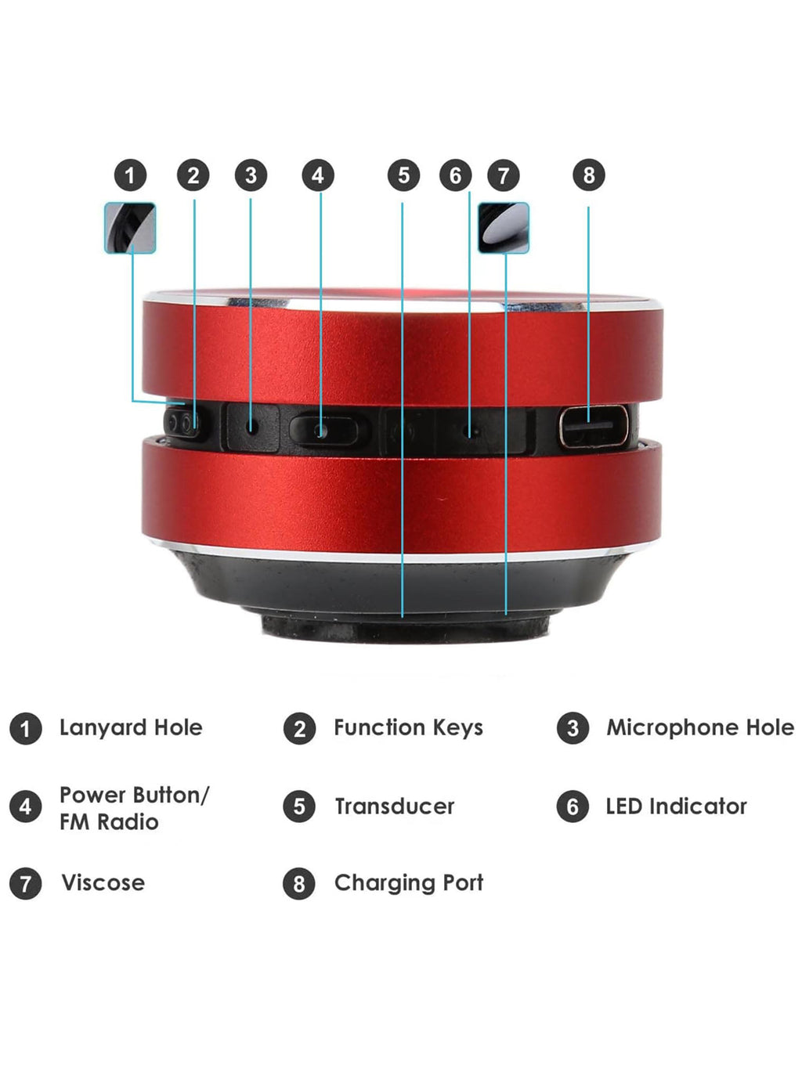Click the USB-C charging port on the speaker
click(x=593, y=428)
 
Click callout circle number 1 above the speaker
click(x=130, y=175)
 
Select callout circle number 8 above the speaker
click(x=589, y=175)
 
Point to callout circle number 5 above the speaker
click(x=403, y=175)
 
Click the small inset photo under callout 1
click(x=130, y=228)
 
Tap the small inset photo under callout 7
click(x=503, y=228)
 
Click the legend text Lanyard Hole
click(x=131, y=728)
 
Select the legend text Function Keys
click(x=408, y=728)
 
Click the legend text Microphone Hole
click(x=700, y=728)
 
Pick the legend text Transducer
click(x=394, y=806)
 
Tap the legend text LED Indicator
click(x=676, y=806)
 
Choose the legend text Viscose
click(x=103, y=883)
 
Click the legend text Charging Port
click(x=408, y=883)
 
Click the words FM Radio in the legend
click(x=109, y=822)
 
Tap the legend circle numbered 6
click(x=573, y=806)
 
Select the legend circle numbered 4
click(x=25, y=806)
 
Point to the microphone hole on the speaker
click(x=251, y=428)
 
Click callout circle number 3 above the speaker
click(x=251, y=175)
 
